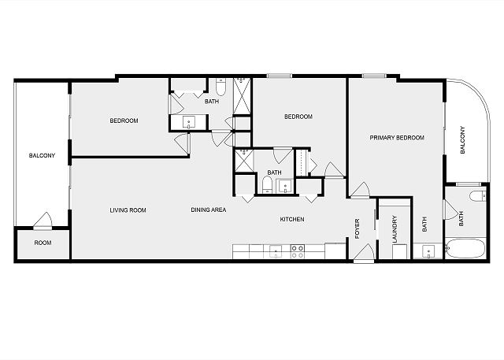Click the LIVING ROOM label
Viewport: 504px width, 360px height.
coord(128,210)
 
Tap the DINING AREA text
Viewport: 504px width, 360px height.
coord(209,210)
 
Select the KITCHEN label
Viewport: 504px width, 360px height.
coord(292,219)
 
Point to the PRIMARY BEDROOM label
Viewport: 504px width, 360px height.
coord(397,138)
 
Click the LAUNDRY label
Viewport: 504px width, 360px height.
coord(395,229)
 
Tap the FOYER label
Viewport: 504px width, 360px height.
coord(357,228)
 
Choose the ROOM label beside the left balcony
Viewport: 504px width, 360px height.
coord(43,243)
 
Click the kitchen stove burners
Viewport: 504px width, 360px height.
coord(298,251)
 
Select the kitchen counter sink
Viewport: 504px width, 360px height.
coord(276,251)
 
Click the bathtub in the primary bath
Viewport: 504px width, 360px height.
coord(465,248)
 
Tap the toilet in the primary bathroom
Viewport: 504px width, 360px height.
coord(478,195)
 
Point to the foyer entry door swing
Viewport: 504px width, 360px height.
coord(364,252)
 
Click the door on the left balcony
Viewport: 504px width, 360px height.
coord(43,221)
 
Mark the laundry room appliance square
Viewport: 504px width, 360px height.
coord(399,251)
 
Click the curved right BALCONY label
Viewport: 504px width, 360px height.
coord(462,139)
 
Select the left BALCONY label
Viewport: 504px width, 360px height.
coord(42,155)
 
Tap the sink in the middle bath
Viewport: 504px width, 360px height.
coord(285,186)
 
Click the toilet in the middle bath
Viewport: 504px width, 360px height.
coord(267,184)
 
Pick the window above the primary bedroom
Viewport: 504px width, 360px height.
coord(374,76)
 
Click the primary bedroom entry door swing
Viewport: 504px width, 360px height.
coord(360,191)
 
